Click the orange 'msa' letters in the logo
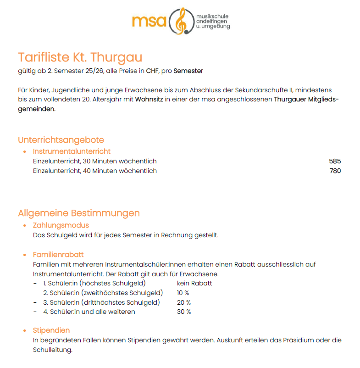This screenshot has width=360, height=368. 149,21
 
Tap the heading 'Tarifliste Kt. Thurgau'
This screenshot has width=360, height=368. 80,57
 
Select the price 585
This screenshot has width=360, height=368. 335,161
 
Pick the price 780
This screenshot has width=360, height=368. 335,171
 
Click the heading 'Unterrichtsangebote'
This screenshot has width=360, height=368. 61,140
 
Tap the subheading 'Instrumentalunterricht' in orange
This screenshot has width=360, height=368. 72,151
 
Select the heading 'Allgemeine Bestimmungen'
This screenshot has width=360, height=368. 78,213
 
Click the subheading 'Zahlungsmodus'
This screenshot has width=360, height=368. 61,225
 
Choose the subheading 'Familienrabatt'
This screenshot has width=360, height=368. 58,255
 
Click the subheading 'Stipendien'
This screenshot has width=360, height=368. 51,330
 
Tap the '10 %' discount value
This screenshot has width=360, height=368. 183,293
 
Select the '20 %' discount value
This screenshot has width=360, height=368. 183,302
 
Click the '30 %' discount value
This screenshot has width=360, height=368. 183,312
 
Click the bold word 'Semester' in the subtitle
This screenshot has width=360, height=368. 188,71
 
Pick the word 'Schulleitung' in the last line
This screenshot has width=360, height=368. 52,350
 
